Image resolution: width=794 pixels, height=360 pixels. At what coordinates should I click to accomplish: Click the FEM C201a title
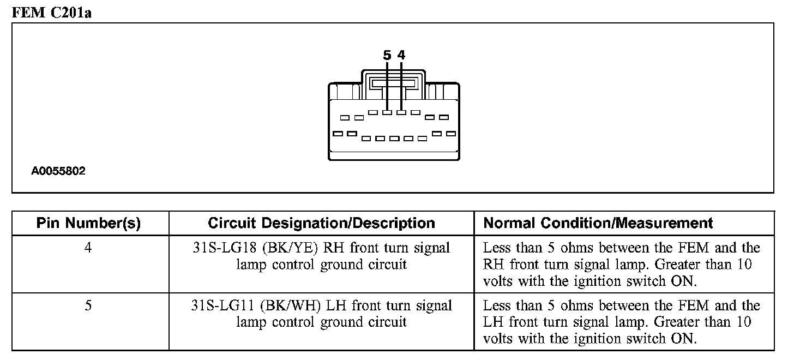click(x=51, y=13)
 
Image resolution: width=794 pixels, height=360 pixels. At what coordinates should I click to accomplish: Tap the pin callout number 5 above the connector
click(x=387, y=55)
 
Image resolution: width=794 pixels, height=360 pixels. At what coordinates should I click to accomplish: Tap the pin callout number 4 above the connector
click(x=401, y=55)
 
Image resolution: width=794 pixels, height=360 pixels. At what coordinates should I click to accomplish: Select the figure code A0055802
click(x=58, y=171)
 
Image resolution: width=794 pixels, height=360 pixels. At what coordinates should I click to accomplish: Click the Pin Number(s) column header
click(x=88, y=223)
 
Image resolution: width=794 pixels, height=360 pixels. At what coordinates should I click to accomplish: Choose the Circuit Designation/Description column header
click(x=321, y=223)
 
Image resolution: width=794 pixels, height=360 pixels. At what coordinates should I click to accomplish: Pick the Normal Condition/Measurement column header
click(x=598, y=223)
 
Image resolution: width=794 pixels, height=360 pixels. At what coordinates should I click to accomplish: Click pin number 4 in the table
click(x=88, y=248)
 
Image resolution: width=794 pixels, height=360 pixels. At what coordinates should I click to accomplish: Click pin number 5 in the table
click(x=88, y=306)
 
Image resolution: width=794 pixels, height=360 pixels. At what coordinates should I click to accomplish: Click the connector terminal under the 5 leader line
click(x=387, y=113)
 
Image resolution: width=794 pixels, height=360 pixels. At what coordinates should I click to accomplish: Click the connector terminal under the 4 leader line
click(x=401, y=113)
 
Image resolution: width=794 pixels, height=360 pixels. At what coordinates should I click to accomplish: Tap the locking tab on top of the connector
click(x=393, y=82)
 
